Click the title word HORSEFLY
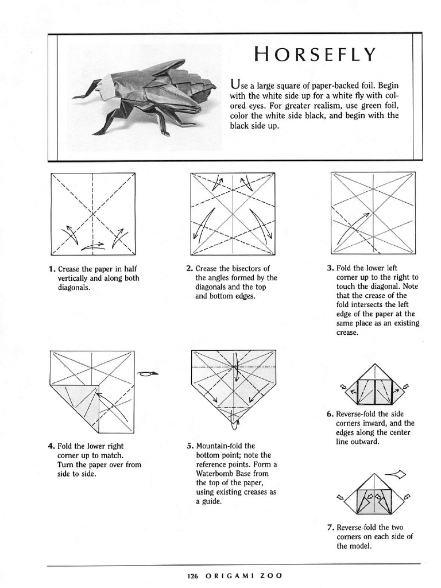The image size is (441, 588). click(315, 54)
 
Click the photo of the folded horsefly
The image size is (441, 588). click(144, 98)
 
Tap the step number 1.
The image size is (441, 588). click(52, 269)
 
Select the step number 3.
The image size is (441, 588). click(330, 268)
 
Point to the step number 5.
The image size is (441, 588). click(190, 446)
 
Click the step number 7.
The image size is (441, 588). click(330, 528)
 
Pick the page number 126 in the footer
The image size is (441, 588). click(192, 575)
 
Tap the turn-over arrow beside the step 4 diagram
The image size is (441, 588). click(148, 373)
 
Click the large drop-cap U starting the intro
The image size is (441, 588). click(235, 84)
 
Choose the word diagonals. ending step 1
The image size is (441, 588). click(74, 288)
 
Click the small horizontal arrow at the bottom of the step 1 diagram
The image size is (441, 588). click(93, 246)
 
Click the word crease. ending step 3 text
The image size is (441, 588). click(347, 332)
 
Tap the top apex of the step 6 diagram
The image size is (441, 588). click(374, 363)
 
